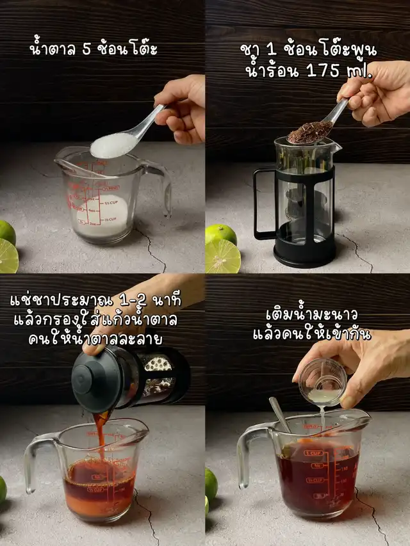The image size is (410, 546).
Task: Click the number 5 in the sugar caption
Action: [x=86, y=50]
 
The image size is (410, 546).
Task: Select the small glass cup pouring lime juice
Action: [x=323, y=382]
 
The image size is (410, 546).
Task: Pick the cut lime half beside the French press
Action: [x=223, y=256]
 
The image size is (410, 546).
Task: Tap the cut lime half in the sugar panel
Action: [x=8, y=255]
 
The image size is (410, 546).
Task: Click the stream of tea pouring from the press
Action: [x=101, y=435]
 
